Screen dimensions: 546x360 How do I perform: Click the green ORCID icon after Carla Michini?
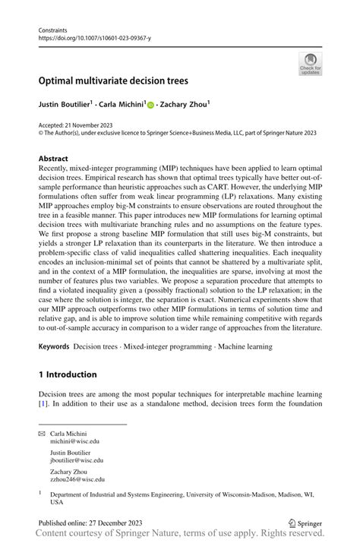pos(150,104)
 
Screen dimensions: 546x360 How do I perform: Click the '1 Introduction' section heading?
pos(68,374)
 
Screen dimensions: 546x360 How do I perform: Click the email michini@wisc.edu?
pos(74,440)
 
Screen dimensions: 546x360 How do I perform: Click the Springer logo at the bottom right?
pos(305,524)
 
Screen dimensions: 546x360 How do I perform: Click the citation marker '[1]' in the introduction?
pos(43,402)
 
